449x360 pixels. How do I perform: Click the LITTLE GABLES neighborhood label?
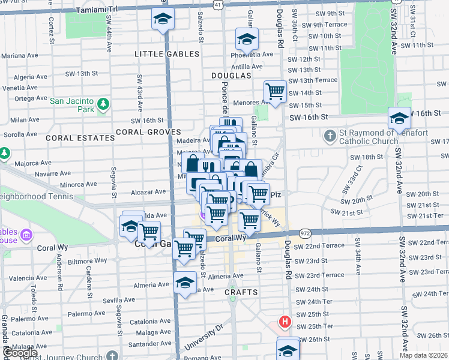[167, 54]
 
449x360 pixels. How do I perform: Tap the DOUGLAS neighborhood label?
[231, 76]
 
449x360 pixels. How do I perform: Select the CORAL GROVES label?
[148, 132]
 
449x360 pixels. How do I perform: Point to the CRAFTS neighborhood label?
[241, 292]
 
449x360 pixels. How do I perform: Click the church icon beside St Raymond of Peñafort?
[330, 137]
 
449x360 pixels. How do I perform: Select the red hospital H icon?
[285, 322]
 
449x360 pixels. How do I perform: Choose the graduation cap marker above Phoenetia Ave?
[246, 40]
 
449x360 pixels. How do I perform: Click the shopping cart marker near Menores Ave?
[275, 92]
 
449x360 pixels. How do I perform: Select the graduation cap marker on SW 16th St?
[399, 118]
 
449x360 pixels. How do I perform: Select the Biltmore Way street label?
[88, 262]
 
